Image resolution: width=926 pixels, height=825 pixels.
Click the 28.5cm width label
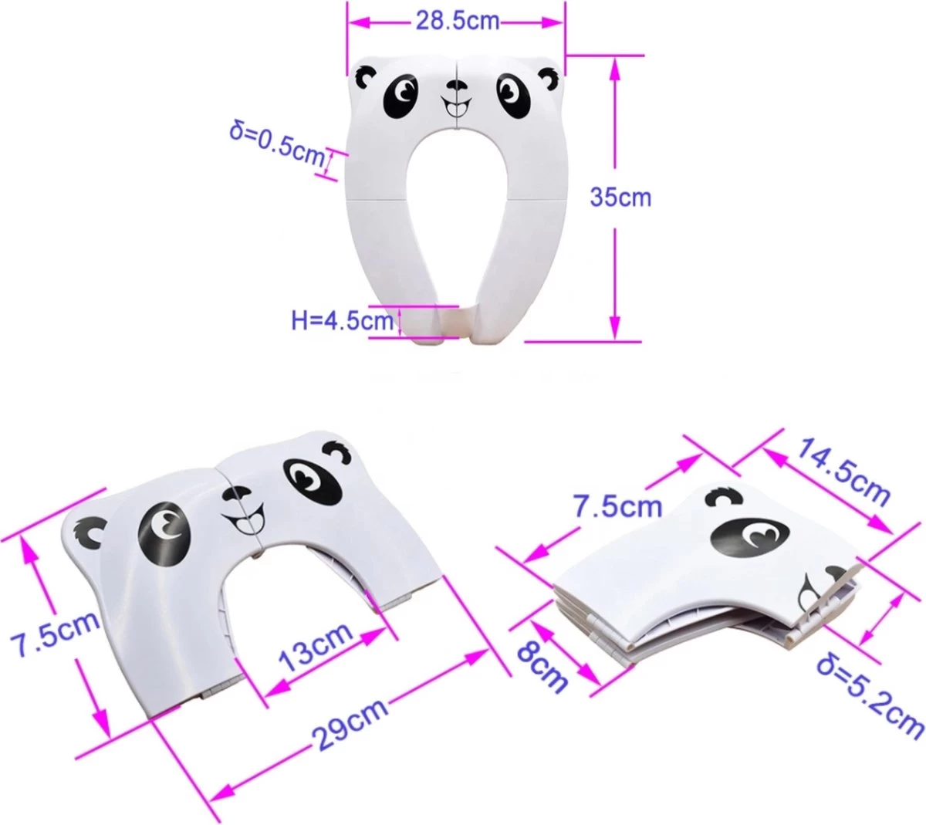coord(458,21)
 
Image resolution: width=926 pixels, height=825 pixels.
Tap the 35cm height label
coord(620,197)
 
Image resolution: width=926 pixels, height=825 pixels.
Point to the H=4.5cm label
coord(342,320)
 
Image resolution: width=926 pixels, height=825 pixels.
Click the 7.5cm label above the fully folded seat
coord(617,505)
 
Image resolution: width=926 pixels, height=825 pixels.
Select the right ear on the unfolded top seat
coord(549,76)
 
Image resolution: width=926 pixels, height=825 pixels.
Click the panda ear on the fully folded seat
coord(723,496)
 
